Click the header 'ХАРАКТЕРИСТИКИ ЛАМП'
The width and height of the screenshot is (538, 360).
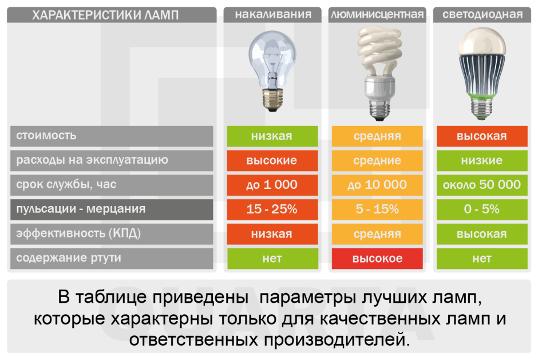coord(105,15)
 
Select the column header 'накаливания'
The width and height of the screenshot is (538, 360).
coord(272,15)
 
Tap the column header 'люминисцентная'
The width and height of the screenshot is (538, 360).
coord(377,15)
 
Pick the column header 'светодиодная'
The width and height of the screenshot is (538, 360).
coord(482,15)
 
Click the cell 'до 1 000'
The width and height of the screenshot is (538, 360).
coord(272,185)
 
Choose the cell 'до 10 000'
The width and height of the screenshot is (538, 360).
coord(377,185)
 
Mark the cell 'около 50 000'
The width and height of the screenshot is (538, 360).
coord(482,185)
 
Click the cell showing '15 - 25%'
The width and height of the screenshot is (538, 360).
coord(272,209)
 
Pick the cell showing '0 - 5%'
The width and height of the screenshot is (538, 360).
coord(482,209)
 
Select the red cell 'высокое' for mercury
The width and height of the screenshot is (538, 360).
coord(377,259)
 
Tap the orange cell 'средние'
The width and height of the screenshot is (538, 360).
coord(377,161)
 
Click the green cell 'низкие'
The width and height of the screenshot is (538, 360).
coord(482,161)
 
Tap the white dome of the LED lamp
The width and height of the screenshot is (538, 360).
coord(482,43)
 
